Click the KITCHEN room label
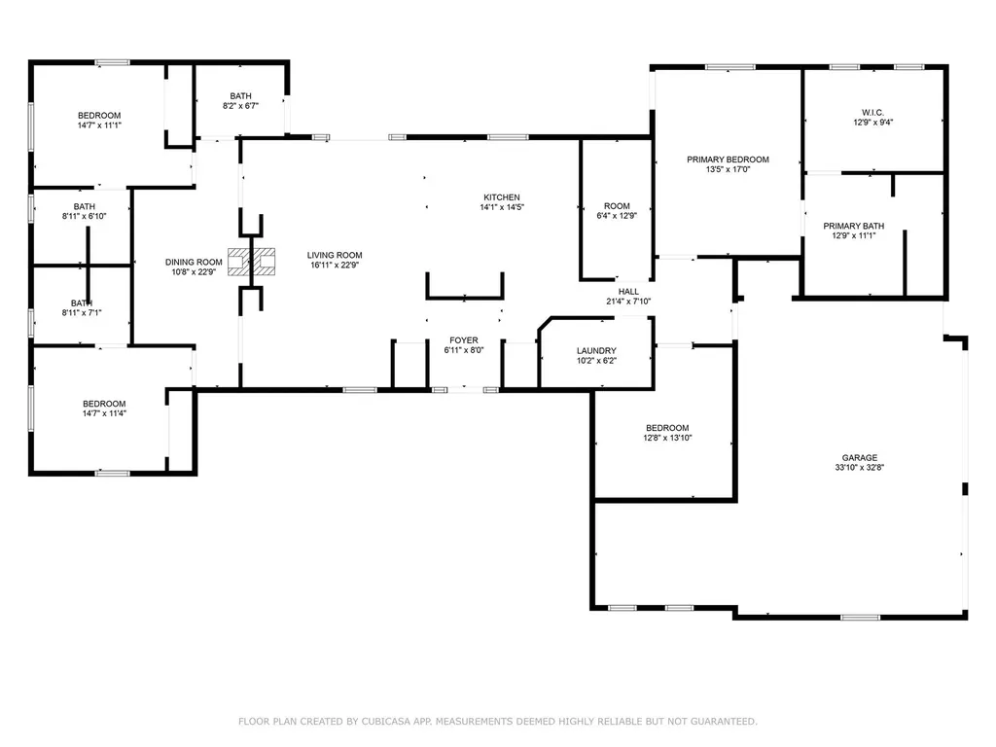(x=502, y=197)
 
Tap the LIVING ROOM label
(x=335, y=256)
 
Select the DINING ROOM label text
(x=194, y=263)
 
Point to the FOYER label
(x=464, y=340)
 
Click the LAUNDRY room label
(x=596, y=350)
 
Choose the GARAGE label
(x=860, y=458)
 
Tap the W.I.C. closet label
(x=872, y=113)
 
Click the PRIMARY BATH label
(x=854, y=226)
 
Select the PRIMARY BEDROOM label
(x=728, y=160)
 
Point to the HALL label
(x=628, y=292)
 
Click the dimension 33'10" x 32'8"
(x=860, y=468)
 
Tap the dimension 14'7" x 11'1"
(x=99, y=125)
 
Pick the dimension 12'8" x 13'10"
(x=667, y=438)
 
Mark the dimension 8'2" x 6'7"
(x=240, y=106)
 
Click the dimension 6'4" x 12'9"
(x=616, y=216)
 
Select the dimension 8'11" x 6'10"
(x=84, y=216)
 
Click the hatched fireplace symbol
(x=252, y=262)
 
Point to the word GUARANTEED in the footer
(x=724, y=722)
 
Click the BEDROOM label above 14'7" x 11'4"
(x=104, y=404)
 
